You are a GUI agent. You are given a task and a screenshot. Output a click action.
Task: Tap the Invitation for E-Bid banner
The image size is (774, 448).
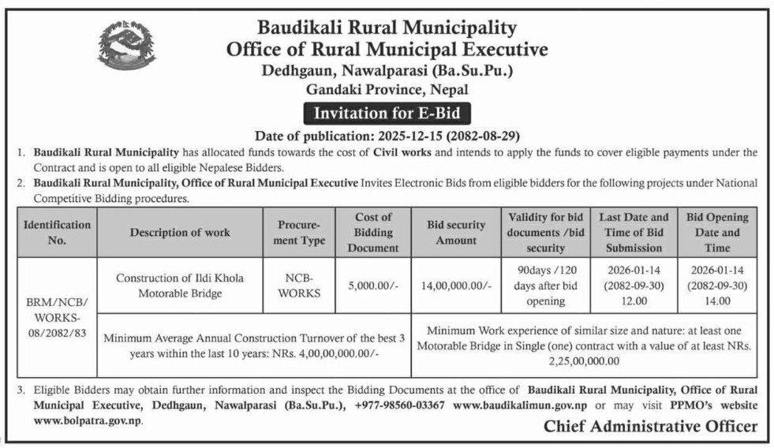point(387,112)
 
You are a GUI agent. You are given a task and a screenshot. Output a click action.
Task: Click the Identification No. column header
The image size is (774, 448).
point(57,233)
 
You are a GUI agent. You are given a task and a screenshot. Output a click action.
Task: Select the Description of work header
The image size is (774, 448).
point(180,233)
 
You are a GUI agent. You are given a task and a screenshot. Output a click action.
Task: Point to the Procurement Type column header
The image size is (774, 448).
point(299,233)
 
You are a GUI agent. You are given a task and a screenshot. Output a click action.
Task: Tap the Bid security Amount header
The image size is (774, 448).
point(456,233)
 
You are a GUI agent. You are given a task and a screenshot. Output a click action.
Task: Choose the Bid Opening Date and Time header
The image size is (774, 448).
point(717,233)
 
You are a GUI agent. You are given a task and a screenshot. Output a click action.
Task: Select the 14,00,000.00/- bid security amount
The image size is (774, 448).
point(456,286)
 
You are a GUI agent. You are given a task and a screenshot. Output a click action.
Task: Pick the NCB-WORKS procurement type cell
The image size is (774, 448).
point(299,286)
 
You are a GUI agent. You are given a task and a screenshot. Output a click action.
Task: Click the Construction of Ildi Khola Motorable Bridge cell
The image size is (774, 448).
point(180,286)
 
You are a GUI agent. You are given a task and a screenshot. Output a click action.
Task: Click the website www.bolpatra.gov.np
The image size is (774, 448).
point(88,422)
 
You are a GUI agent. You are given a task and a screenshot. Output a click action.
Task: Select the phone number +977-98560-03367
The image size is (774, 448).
point(401,405)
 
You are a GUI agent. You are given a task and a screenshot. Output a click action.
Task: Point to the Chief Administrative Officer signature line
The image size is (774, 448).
point(651,427)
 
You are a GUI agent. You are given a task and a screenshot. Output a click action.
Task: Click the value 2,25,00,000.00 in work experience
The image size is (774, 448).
point(584,361)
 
